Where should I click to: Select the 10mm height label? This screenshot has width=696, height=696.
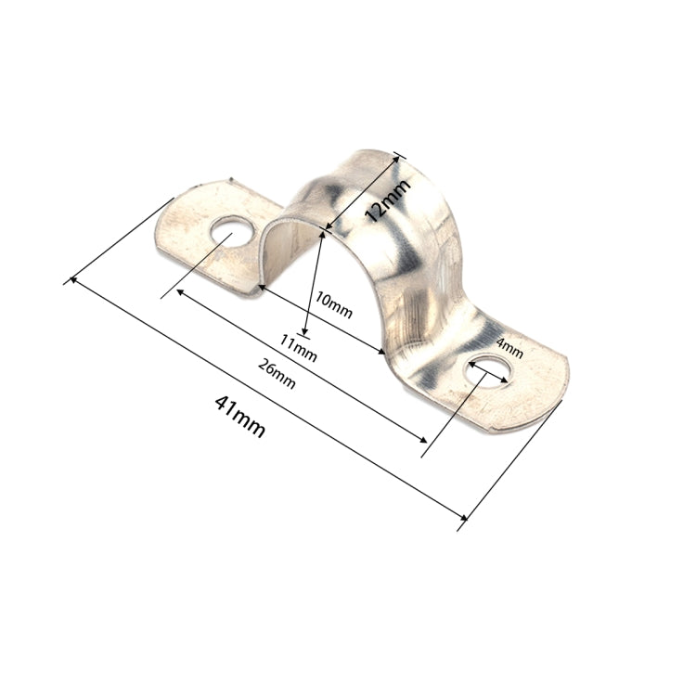(x=334, y=307)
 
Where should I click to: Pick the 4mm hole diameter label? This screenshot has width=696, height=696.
(x=509, y=349)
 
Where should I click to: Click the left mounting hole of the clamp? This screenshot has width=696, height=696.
(x=229, y=233)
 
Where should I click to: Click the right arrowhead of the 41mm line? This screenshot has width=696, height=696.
(x=465, y=518)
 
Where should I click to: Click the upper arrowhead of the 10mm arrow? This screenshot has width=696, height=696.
(x=321, y=236)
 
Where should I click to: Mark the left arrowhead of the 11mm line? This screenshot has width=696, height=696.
(x=263, y=288)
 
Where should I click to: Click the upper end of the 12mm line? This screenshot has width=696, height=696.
(x=398, y=157)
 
